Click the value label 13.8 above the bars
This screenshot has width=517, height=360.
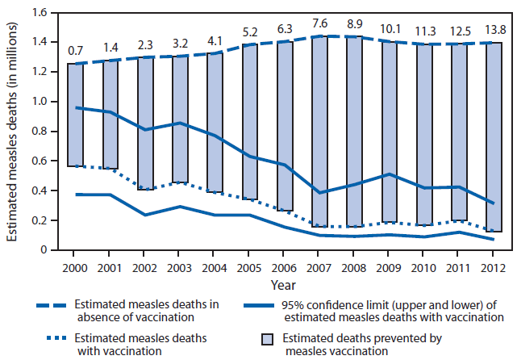coord(485,30)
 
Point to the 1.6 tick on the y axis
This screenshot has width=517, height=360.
coord(40,12)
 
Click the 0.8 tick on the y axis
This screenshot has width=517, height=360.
coord(40,132)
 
